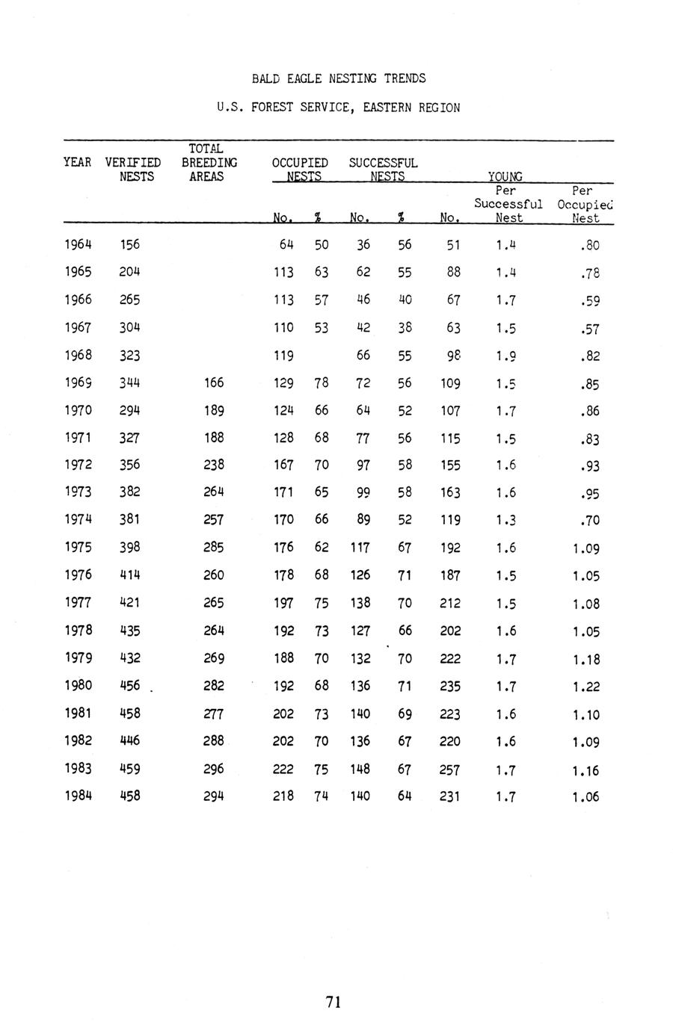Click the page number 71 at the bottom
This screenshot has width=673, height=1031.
coord(334,1002)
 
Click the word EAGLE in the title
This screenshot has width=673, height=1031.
coord(299,78)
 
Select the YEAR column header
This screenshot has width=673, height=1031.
coord(78,162)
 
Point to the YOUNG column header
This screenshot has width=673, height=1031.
coord(505,176)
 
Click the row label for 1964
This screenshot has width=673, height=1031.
coord(78,244)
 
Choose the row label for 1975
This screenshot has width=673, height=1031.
coord(78,547)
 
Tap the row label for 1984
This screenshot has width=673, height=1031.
coord(78,796)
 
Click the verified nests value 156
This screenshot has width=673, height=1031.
coord(129,244)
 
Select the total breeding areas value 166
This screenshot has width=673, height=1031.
coord(213,383)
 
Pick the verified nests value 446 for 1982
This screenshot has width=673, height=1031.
coord(129,740)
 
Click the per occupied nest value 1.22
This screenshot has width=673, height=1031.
coord(586,687)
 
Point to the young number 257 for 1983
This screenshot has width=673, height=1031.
coord(449,770)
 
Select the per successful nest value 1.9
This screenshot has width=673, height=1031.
coord(505,356)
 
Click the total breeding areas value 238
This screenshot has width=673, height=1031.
coord(213,465)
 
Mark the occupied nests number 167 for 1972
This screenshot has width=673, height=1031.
coord(283,465)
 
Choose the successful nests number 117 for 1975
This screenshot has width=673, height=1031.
coord(360,548)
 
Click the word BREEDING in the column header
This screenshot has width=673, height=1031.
coord(209,162)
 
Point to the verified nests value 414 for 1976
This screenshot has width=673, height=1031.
coord(129,575)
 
